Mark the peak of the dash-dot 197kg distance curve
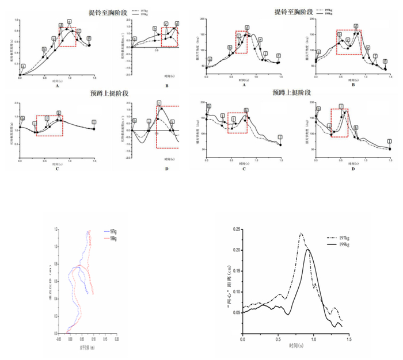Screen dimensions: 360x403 click(301, 233)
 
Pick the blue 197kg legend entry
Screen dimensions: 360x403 click(111, 232)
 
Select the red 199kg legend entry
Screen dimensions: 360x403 click(111, 238)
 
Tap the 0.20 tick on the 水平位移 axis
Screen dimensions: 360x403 click(116, 338)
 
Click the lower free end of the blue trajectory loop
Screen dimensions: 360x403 click(88, 293)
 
